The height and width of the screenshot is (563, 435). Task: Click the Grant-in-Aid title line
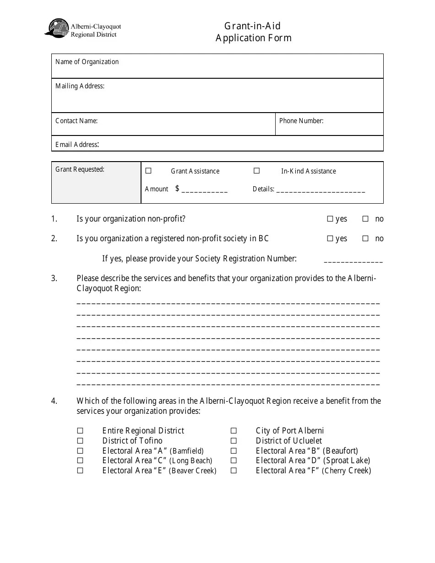click(x=252, y=26)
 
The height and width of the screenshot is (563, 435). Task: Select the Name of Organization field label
click(x=87, y=62)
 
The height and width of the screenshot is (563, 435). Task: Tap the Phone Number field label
click(x=301, y=121)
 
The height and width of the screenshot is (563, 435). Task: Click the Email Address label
click(x=77, y=145)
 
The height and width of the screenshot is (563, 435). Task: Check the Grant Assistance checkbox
click(x=148, y=171)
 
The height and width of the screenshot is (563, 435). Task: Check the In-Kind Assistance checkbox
click(x=257, y=171)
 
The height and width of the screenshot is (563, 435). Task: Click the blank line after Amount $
click(x=204, y=190)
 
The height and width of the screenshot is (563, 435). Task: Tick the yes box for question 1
click(x=330, y=219)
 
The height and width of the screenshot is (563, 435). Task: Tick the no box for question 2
click(x=365, y=238)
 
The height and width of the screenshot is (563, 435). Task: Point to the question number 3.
click(x=54, y=278)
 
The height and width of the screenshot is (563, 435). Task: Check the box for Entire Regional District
click(x=80, y=431)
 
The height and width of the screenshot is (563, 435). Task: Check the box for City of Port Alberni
click(x=234, y=431)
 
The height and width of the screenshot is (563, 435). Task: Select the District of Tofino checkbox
click(x=80, y=441)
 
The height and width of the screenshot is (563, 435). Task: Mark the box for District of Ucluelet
click(x=234, y=441)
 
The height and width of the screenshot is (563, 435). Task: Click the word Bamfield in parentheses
click(x=187, y=451)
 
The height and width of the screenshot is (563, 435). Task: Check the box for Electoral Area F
click(x=234, y=471)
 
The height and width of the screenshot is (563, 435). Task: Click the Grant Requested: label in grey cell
click(x=80, y=169)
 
